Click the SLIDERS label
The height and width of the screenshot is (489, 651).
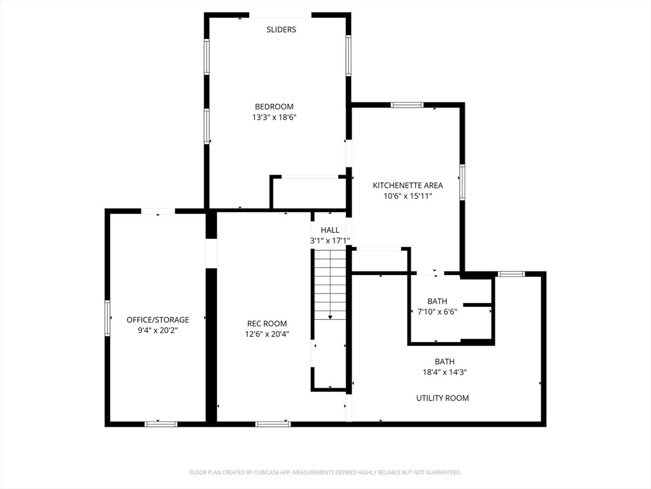pyautogui.click(x=281, y=29)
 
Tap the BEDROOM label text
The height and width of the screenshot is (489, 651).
pyautogui.click(x=274, y=106)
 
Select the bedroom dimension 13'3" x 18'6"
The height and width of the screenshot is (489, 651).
pyautogui.click(x=274, y=117)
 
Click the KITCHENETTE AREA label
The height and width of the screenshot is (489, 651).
pyautogui.click(x=408, y=185)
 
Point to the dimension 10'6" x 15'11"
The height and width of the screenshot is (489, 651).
pyautogui.click(x=408, y=196)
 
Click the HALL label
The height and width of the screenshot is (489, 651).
pyautogui.click(x=330, y=230)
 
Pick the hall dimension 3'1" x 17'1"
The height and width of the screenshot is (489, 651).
pyautogui.click(x=330, y=240)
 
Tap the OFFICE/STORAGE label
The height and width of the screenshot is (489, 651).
pyautogui.click(x=158, y=320)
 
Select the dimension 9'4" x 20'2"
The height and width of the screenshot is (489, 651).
pyautogui.click(x=158, y=330)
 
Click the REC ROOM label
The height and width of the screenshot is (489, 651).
pyautogui.click(x=267, y=323)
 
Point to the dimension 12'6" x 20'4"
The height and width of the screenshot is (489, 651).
pyautogui.click(x=267, y=334)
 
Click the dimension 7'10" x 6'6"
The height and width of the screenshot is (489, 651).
pyautogui.click(x=437, y=311)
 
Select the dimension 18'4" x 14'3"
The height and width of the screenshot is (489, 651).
pyautogui.click(x=444, y=372)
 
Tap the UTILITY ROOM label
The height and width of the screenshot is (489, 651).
pyautogui.click(x=442, y=398)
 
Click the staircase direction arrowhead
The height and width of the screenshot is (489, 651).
pyautogui.click(x=330, y=317)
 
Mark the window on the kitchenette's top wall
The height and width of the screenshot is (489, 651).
pyautogui.click(x=407, y=105)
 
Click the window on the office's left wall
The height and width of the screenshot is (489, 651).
pyautogui.click(x=107, y=318)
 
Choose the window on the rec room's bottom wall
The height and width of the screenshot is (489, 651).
pyautogui.click(x=273, y=424)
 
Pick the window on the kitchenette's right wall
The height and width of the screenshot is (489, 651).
pyautogui.click(x=462, y=182)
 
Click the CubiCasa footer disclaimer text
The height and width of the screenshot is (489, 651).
pyautogui.click(x=325, y=472)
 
